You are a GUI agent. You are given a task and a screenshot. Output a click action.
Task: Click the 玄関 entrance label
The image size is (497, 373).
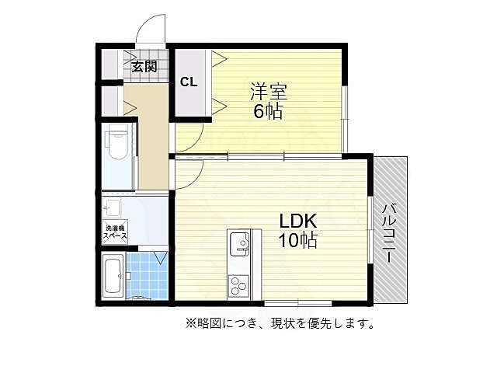144,66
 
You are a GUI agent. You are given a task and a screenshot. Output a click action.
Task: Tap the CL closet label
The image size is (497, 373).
189,82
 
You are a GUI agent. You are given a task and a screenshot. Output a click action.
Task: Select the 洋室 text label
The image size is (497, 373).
268,92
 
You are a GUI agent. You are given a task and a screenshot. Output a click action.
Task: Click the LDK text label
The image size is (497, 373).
298,221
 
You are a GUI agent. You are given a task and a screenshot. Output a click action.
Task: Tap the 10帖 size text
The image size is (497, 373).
298,240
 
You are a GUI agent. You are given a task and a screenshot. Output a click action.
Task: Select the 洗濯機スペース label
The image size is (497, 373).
115,231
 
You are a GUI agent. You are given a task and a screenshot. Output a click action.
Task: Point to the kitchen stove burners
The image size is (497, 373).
237,284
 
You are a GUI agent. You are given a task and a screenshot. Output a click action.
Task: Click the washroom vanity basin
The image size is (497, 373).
113,207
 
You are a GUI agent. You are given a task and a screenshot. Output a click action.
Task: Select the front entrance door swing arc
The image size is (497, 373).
150,31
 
